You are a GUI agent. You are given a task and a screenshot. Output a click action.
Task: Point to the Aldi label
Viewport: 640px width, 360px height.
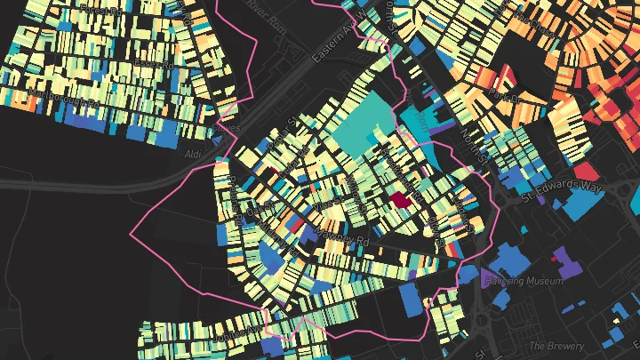(192, 155)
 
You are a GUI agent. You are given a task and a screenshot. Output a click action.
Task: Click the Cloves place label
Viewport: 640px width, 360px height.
(228, 129)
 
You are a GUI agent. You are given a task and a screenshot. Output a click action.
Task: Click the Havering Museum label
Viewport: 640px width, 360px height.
(531, 281)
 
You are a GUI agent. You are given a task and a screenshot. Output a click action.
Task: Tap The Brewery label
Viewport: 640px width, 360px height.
(556, 346)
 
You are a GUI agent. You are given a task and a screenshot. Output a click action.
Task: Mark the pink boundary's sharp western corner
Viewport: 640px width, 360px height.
(132, 235)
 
